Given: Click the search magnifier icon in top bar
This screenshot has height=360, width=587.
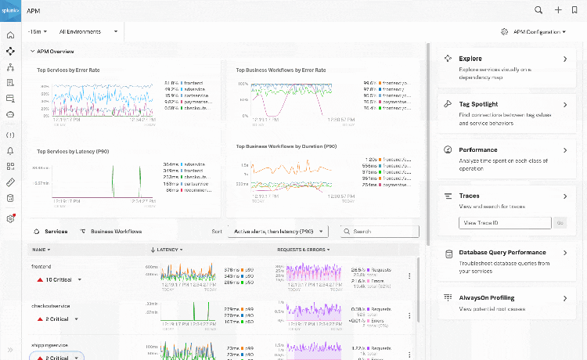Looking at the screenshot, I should [x=538, y=10].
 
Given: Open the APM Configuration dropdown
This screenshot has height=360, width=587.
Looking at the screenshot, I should [x=533, y=31].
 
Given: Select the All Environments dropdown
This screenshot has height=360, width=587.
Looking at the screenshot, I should [x=88, y=31].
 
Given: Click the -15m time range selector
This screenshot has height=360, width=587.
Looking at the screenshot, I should [x=37, y=31].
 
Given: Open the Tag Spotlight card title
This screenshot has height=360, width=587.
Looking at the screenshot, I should [x=478, y=104].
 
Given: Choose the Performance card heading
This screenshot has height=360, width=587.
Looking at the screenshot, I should [x=477, y=149].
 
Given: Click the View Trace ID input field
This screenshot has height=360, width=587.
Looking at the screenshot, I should [x=505, y=223].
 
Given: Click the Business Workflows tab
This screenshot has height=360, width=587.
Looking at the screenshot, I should [x=116, y=232].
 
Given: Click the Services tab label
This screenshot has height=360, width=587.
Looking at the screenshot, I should [x=56, y=232].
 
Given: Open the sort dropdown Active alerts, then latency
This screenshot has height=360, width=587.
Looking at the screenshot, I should [x=278, y=232].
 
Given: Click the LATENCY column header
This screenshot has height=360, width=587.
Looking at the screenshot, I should [x=167, y=250].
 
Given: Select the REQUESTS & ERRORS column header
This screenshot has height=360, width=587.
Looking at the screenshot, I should [x=303, y=250].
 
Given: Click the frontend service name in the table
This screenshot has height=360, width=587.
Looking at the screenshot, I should [x=41, y=266].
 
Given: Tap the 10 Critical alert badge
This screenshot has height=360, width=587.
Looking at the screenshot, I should [x=59, y=279].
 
